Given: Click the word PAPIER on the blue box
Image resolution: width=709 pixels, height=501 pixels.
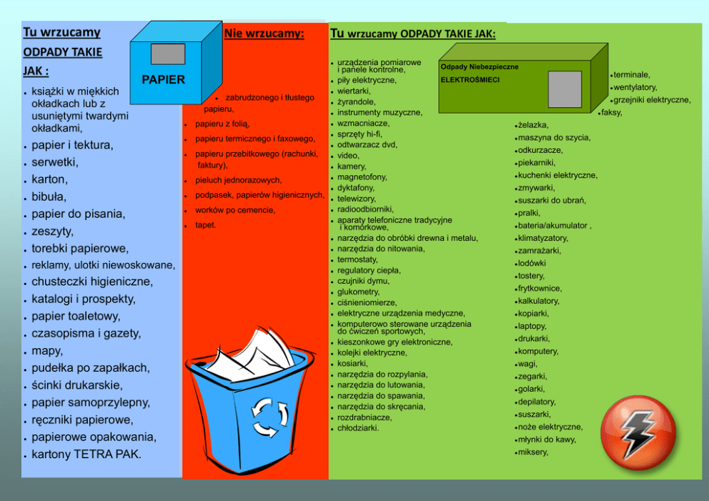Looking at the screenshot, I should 163,80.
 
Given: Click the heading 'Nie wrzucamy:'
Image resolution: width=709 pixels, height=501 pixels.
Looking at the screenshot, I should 264,33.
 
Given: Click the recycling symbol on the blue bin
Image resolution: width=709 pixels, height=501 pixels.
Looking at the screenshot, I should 269,417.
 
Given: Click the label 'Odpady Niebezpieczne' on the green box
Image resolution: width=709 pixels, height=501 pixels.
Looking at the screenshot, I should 479,66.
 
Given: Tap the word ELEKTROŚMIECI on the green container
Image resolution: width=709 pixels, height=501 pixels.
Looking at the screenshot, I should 470,79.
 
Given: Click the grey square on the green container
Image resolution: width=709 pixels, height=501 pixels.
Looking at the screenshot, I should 565,89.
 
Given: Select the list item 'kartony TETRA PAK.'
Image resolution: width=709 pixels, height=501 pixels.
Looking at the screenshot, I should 86,454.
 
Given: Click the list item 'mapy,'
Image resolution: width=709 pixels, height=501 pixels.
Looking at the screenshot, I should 48,351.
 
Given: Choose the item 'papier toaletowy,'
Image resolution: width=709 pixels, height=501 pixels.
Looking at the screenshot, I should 76,316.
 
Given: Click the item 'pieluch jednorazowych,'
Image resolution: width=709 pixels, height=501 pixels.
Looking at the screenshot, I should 238,180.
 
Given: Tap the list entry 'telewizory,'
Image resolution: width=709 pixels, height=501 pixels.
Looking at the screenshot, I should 356,199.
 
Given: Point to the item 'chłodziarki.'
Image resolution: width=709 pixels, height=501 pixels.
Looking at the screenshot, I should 358,428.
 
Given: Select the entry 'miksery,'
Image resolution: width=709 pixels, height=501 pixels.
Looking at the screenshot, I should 533,452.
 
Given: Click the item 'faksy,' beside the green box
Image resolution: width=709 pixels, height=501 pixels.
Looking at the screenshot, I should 612,112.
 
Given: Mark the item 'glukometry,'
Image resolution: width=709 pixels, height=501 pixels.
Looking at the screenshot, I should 358,292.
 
